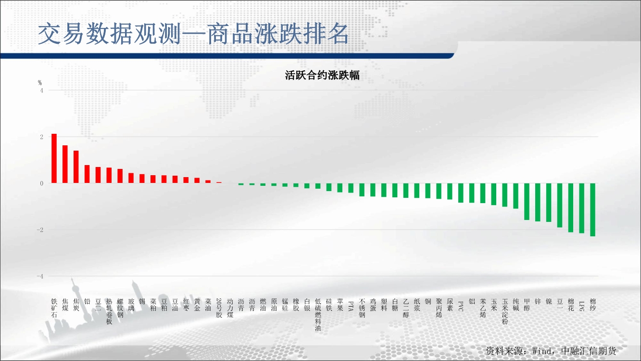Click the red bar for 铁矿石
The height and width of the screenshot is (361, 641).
(x=54, y=158)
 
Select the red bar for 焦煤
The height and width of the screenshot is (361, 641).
(x=65, y=164)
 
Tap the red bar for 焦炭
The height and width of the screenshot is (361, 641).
(x=76, y=167)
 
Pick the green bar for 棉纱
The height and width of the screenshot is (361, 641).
(x=592, y=210)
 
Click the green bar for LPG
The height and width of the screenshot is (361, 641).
(x=582, y=208)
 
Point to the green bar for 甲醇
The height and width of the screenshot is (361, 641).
(x=527, y=202)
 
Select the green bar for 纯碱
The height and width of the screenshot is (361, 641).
(x=515, y=196)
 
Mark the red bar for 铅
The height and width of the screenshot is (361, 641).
(x=87, y=174)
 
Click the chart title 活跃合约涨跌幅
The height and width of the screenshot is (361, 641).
(x=322, y=76)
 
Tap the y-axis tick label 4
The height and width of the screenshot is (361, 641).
(x=42, y=90)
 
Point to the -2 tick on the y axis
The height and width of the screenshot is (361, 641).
(x=40, y=230)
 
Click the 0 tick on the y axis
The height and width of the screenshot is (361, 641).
(x=42, y=183)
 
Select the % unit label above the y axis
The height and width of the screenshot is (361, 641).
(x=40, y=83)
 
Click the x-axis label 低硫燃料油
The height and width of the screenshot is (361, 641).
(x=318, y=315)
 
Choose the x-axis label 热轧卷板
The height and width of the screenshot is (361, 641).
(x=109, y=311)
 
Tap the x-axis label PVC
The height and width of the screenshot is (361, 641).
(x=461, y=306)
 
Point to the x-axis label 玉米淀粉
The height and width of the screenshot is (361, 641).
(x=505, y=311)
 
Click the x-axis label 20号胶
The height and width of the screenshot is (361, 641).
(x=219, y=308)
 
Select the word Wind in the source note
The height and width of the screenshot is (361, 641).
(x=542, y=351)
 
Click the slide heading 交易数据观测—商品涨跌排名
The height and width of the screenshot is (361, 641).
(x=193, y=34)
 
